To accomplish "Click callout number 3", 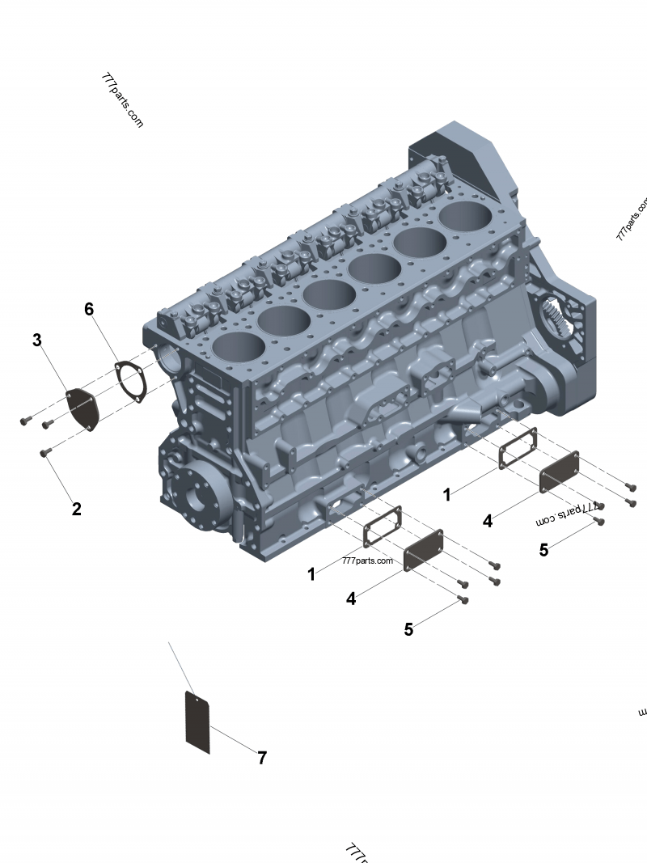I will click(x=36, y=340).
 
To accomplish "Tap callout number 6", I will click(x=89, y=309).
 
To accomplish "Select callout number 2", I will click(x=76, y=509).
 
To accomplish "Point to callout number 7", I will click(x=262, y=758).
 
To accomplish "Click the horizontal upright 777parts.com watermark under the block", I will click(x=367, y=561).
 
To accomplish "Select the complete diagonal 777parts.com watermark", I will click(x=122, y=100).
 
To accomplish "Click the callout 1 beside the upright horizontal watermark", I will click(x=311, y=573).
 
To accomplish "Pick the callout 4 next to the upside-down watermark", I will click(x=488, y=522).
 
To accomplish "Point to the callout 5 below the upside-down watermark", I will click(x=543, y=550).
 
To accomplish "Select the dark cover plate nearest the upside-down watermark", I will click(x=559, y=472).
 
